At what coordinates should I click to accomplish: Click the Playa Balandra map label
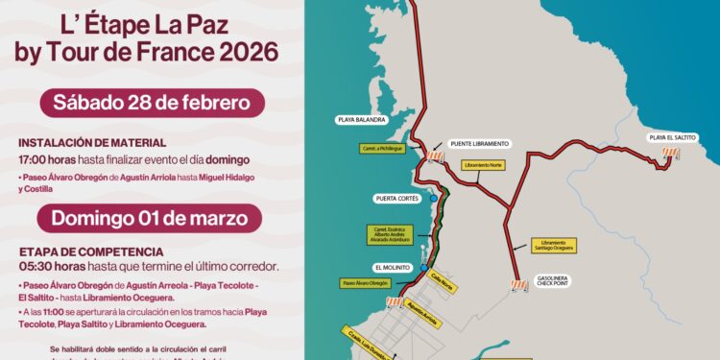(x=361, y=121)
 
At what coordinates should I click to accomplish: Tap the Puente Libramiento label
(x=479, y=143)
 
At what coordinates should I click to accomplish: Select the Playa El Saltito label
(x=672, y=137)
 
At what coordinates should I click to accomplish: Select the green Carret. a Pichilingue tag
(x=380, y=149)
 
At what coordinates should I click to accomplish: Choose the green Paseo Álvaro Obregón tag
(x=365, y=284)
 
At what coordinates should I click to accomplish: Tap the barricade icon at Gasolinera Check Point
(x=519, y=286)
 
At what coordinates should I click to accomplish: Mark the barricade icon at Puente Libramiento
(x=437, y=156)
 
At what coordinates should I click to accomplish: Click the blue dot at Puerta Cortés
(x=434, y=199)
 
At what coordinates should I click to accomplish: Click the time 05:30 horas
(x=48, y=266)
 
